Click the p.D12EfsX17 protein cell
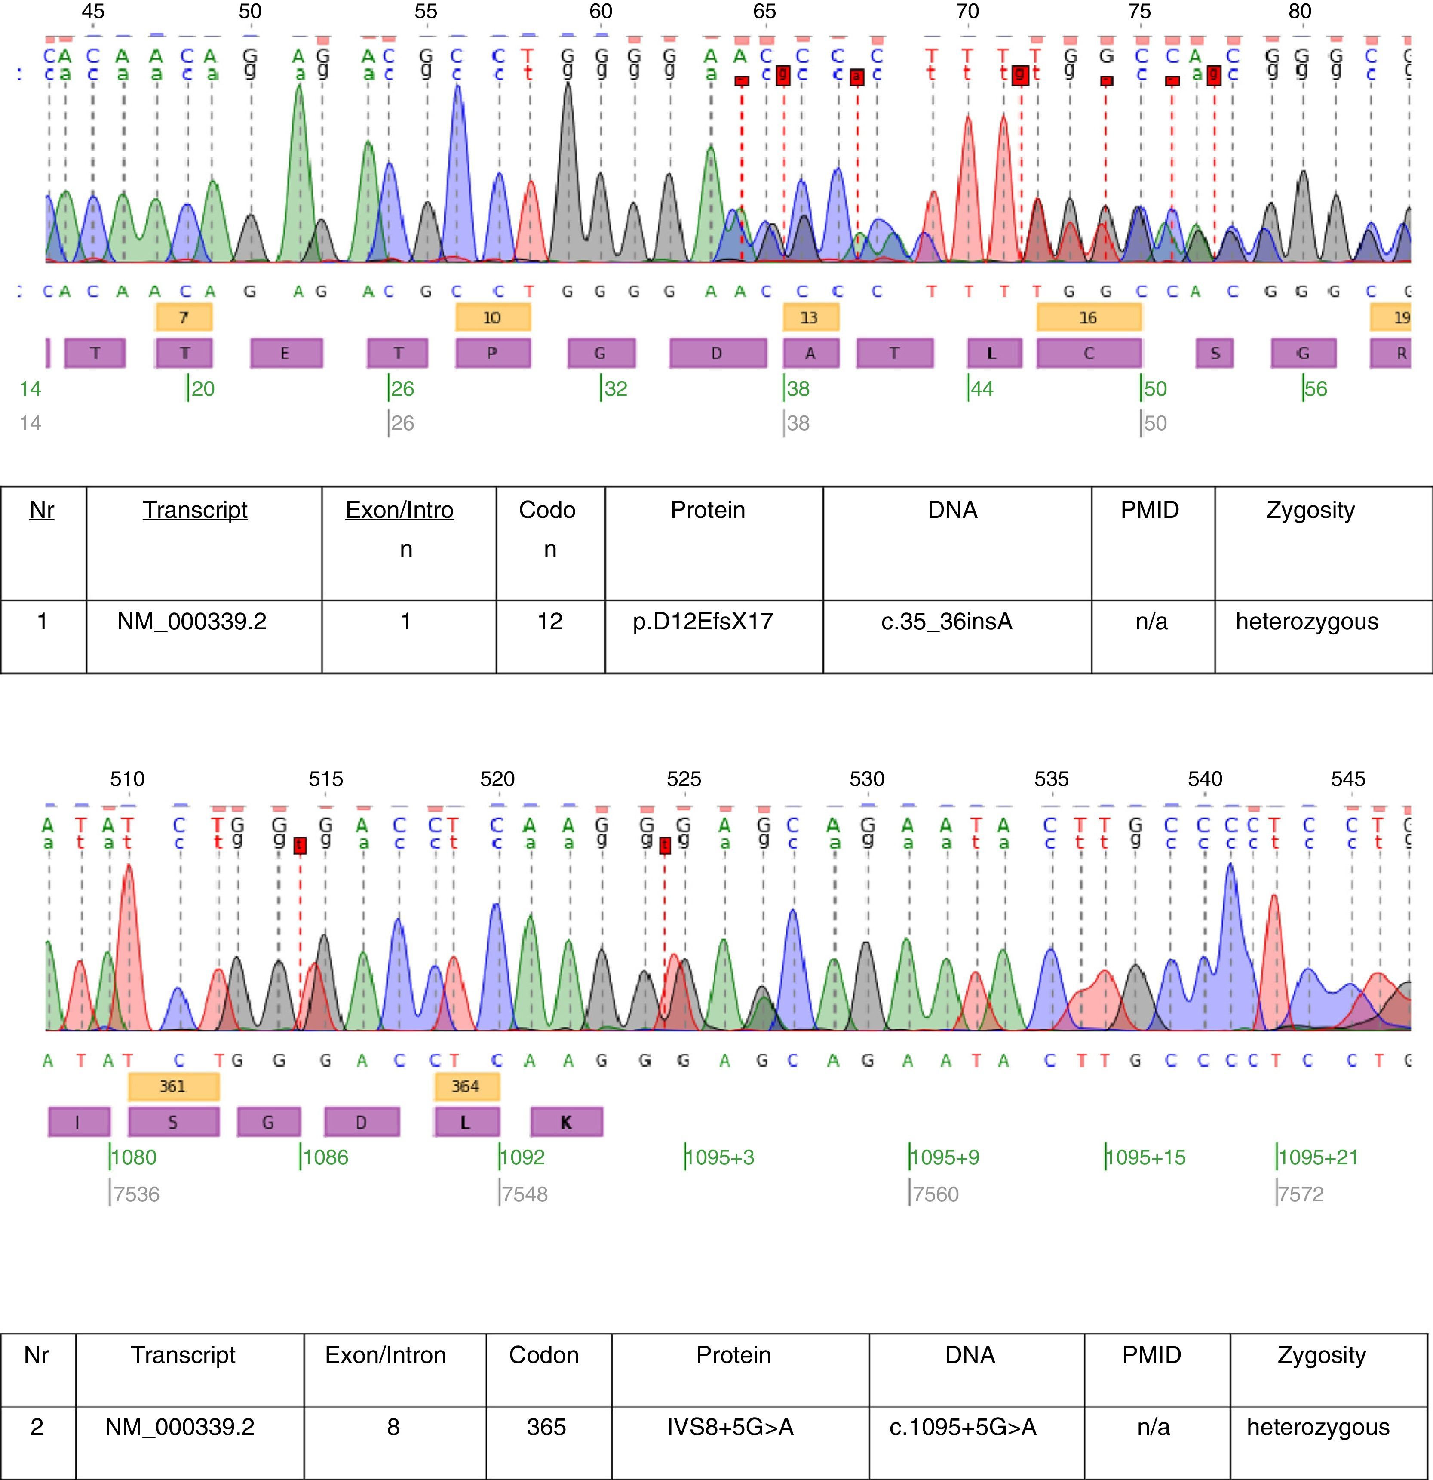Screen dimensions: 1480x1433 pyautogui.click(x=703, y=622)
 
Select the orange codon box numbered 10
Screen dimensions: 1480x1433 pyautogui.click(x=492, y=317)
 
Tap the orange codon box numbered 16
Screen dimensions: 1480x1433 pyautogui.click(x=1088, y=317)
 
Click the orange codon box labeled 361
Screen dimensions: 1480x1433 pyautogui.click(x=173, y=1086)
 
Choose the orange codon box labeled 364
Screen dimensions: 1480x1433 pyautogui.click(x=466, y=1086)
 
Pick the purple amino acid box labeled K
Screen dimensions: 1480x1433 pyautogui.click(x=566, y=1122)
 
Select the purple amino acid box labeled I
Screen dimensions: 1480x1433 pyautogui.click(x=79, y=1122)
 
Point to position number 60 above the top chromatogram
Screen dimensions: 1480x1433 pyautogui.click(x=601, y=11)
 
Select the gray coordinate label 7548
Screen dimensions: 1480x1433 pyautogui.click(x=525, y=1194)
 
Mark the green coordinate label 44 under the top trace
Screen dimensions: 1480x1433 pyautogui.click(x=982, y=389)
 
